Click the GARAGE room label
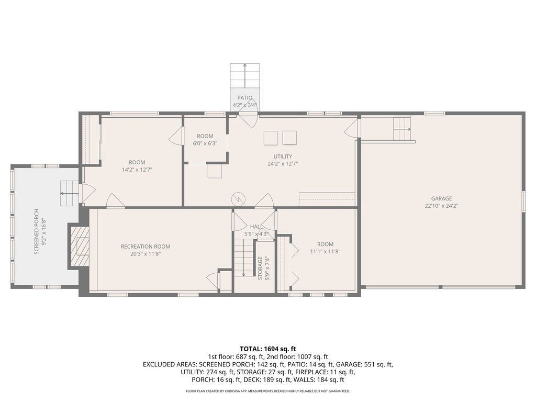(441, 198)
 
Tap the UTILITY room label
(283, 156)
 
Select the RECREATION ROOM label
(145, 247)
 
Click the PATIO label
(244, 98)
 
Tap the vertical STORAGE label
(260, 268)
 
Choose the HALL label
(256, 227)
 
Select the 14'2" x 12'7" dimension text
(137, 170)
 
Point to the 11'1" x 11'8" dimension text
(325, 251)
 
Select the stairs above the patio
(245, 75)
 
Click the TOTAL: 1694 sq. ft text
(268, 349)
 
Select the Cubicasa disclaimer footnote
(268, 391)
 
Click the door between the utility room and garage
(353, 128)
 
